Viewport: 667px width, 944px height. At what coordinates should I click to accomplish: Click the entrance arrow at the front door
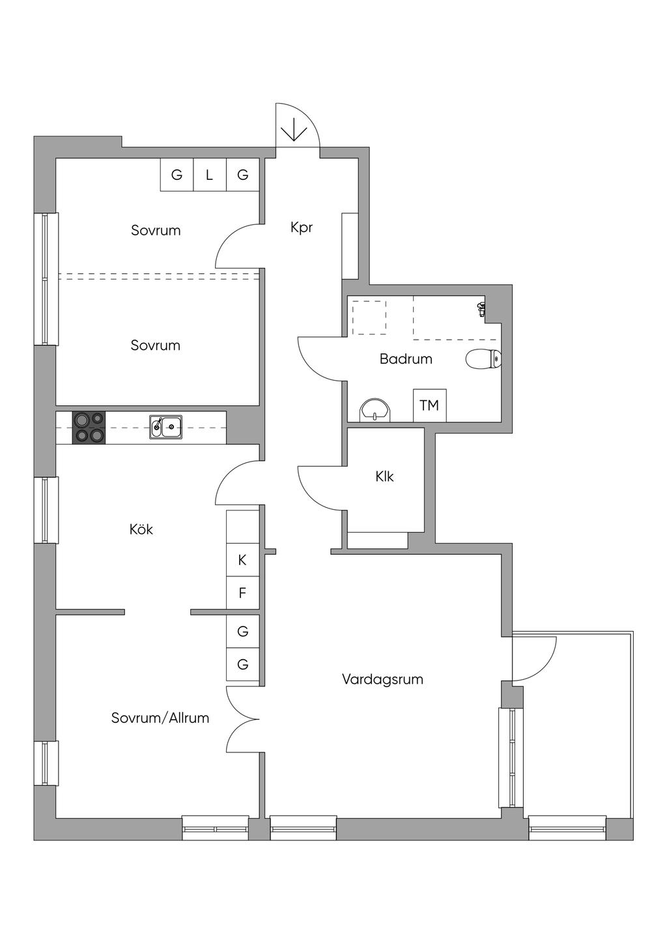click(294, 130)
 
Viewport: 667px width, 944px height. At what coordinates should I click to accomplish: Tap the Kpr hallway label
click(302, 228)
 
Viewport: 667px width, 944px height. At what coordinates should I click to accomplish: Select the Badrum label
click(406, 359)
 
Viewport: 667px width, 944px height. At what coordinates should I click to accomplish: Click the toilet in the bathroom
click(483, 359)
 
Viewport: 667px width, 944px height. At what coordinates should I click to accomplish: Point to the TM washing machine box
click(429, 406)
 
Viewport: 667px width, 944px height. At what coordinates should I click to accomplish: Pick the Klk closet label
click(384, 477)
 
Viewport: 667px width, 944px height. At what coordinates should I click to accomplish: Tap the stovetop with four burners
click(89, 428)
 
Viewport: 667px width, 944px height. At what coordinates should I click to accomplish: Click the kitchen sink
click(165, 428)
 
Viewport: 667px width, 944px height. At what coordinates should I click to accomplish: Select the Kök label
click(141, 529)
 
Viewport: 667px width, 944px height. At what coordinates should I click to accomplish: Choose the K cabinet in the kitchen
click(242, 560)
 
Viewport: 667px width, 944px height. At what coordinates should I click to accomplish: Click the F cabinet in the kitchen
click(242, 593)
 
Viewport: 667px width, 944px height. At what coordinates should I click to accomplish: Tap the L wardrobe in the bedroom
click(209, 175)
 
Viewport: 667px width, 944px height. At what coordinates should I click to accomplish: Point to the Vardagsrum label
click(382, 679)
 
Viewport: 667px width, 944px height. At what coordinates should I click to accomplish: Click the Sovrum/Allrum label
click(160, 718)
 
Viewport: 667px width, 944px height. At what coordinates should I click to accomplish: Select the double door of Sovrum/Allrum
click(242, 719)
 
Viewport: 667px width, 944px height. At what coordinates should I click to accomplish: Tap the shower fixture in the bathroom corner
click(481, 308)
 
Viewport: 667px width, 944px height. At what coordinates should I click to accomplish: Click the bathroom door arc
click(317, 360)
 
